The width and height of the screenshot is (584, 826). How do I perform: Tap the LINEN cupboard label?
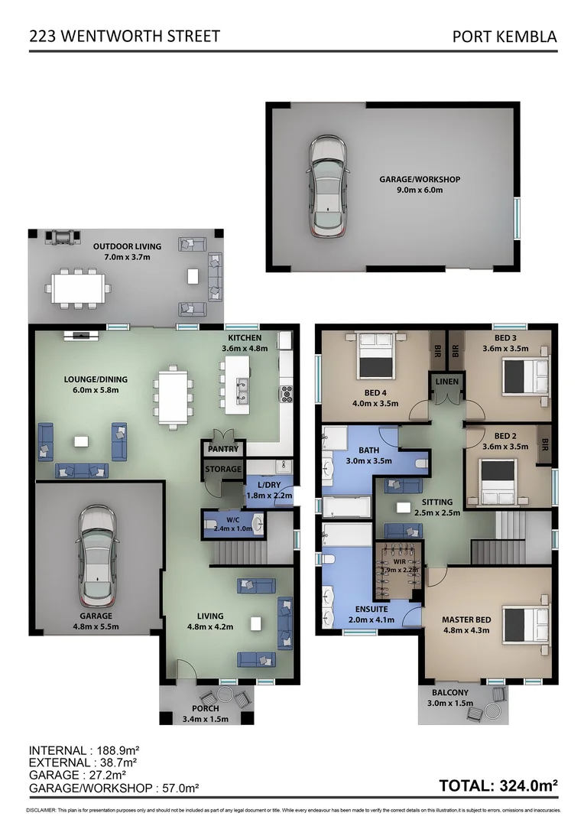coord(445,381)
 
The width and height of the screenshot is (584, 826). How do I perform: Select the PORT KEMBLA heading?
coord(505,36)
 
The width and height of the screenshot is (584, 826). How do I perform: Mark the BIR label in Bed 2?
coord(544,443)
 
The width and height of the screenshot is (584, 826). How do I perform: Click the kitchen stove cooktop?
coord(288,394)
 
